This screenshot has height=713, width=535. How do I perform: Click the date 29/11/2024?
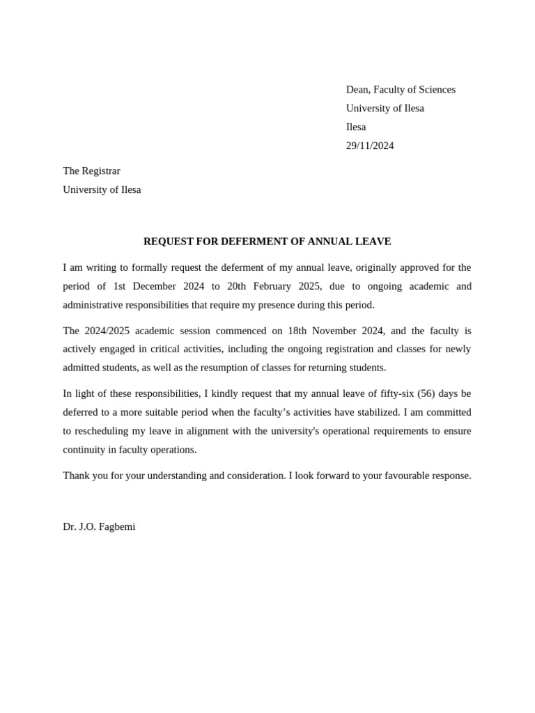coord(370,146)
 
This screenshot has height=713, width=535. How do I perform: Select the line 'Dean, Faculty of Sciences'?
coord(401,89)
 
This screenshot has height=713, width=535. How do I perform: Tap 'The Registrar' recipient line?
coord(91,171)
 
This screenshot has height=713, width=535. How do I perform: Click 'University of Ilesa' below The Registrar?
coord(102,189)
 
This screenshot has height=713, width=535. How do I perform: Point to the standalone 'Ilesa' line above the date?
coord(356,127)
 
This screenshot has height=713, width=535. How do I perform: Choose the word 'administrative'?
coord(93,305)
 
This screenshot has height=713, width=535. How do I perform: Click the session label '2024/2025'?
coord(107,331)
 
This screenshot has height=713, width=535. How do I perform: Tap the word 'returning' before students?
coord(326,368)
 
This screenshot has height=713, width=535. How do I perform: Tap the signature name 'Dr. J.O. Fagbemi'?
coord(99,527)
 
